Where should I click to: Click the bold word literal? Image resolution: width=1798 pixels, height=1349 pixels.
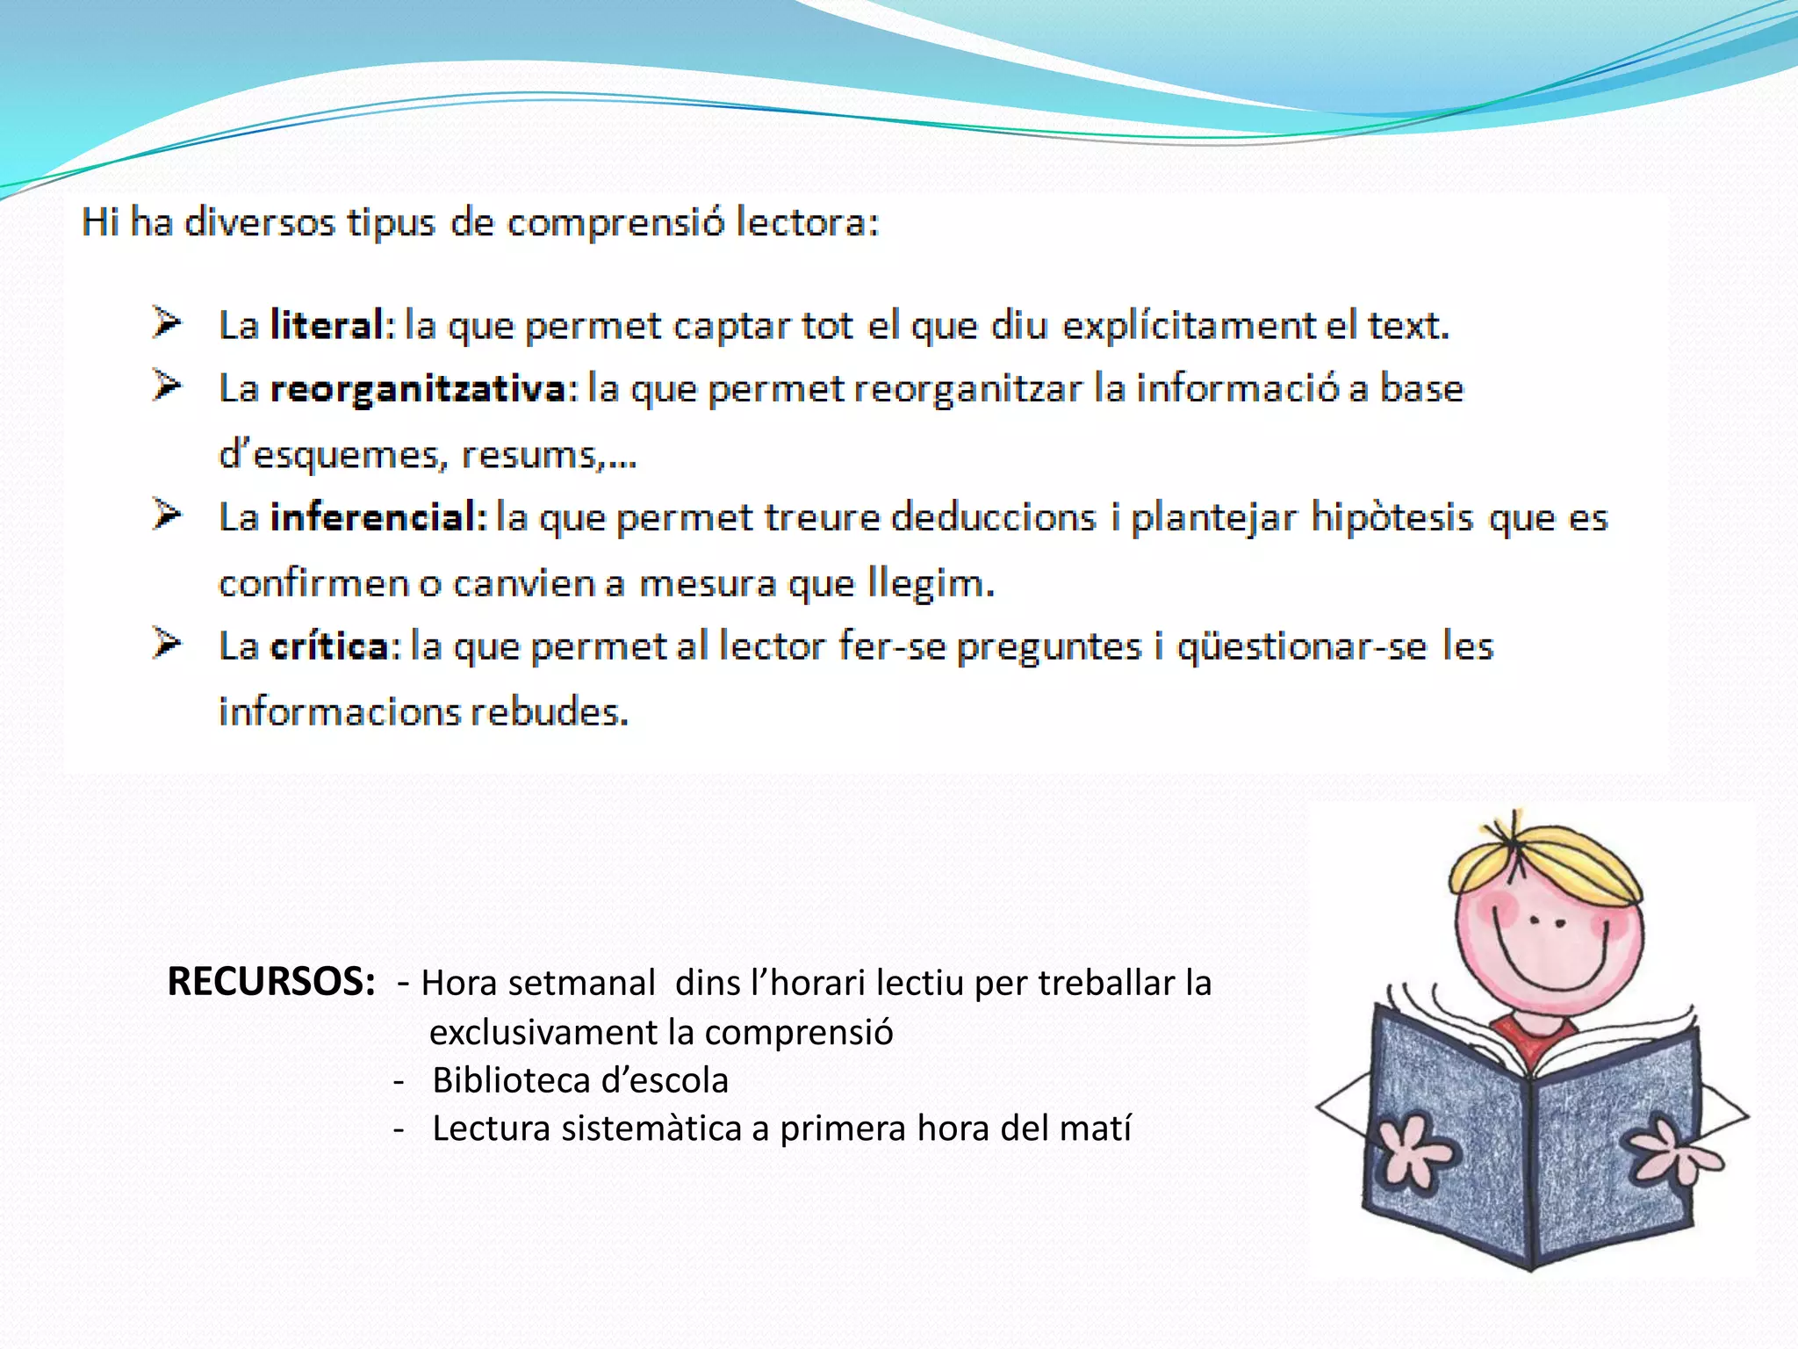point(327,325)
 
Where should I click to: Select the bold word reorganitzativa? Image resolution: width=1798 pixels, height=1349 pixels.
point(419,389)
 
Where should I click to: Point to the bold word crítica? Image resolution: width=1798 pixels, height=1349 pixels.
point(329,646)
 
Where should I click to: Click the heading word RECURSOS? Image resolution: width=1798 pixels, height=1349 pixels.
point(271,982)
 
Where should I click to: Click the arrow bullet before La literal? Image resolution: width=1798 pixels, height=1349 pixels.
point(166,322)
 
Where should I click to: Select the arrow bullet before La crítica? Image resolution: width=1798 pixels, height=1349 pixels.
point(166,643)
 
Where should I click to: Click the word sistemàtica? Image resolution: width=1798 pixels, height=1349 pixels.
point(651,1129)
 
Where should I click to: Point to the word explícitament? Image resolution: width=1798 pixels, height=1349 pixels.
point(1189,325)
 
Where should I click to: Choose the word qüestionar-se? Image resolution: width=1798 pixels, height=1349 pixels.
point(1302,646)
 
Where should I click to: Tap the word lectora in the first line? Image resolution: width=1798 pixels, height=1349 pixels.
point(806,222)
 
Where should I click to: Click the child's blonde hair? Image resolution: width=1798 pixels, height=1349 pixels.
point(1545,861)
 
